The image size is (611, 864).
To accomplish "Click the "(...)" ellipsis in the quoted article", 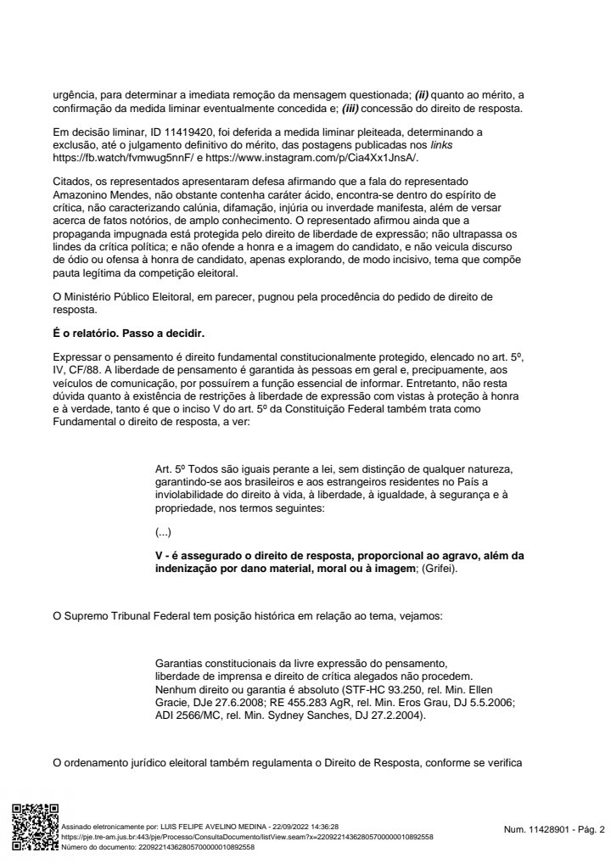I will pos(164,532).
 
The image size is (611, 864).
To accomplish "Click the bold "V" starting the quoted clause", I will pos(159,556).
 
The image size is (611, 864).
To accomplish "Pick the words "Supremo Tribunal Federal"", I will pos(134,614).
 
